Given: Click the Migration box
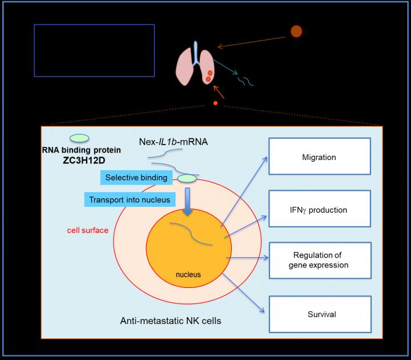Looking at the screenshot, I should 319,156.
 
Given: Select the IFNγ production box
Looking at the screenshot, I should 319,210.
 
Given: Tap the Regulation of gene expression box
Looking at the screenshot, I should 319,260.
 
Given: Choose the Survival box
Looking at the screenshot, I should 319,314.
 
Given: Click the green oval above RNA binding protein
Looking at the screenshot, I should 79,138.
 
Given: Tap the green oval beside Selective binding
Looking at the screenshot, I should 187,179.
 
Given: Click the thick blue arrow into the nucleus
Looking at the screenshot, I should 188,207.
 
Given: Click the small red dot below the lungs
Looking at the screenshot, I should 215,103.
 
